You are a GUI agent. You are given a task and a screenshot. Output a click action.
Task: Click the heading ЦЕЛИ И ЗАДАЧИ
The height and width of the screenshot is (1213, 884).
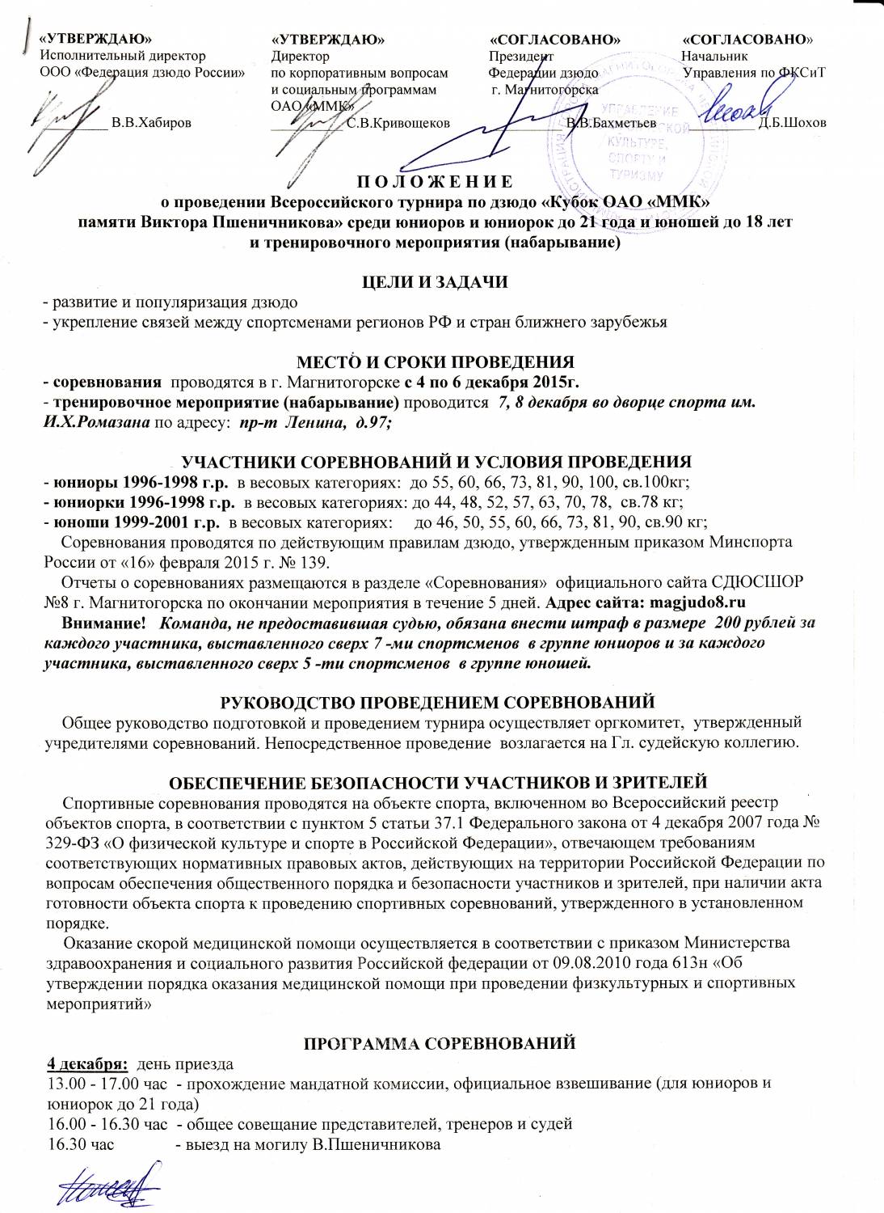[x=435, y=282]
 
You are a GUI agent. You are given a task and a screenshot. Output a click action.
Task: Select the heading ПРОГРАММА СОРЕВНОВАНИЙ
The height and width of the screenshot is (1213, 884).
[x=439, y=1043]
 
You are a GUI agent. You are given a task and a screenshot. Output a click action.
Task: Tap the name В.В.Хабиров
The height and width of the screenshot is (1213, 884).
[x=152, y=123]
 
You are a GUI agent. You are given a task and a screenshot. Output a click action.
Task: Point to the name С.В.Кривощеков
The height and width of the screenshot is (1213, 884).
[x=398, y=123]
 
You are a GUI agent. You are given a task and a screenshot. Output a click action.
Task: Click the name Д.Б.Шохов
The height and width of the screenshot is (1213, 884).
[x=793, y=123]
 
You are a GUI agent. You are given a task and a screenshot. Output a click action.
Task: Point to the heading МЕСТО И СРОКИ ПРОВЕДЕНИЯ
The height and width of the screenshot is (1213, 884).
[x=435, y=361]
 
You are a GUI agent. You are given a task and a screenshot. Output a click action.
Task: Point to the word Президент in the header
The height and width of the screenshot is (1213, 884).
[x=521, y=56]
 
